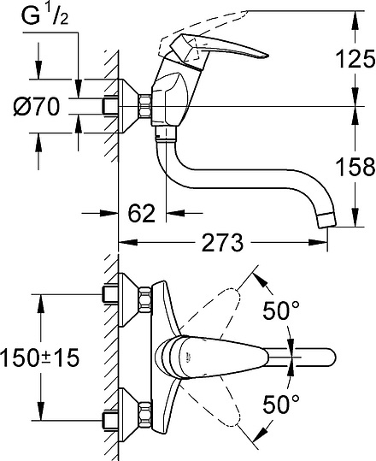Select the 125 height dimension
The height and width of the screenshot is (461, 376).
[x=355, y=59]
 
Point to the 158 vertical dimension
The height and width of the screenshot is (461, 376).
[x=355, y=166]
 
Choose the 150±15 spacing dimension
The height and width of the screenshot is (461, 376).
[x=39, y=358]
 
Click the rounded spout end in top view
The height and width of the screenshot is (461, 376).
[x=328, y=356]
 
